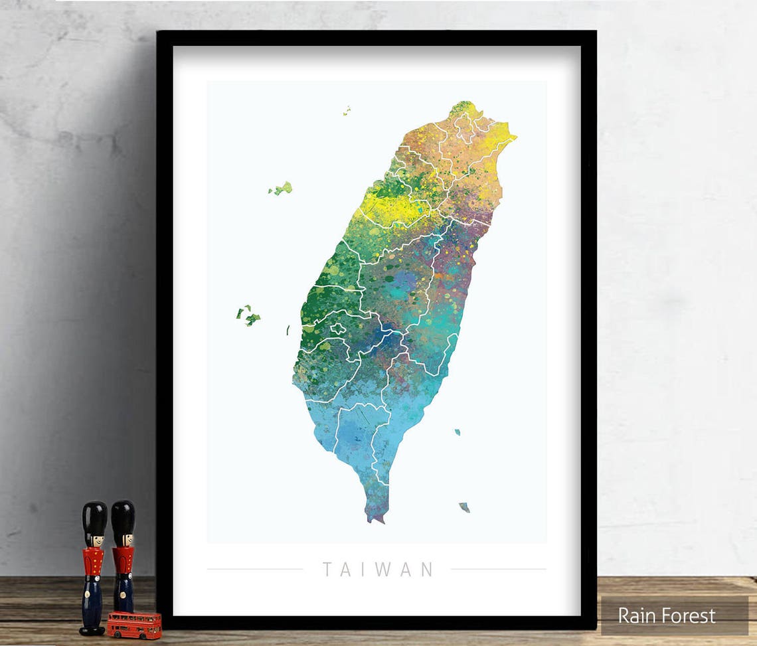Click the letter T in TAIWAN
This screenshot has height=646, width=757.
327,570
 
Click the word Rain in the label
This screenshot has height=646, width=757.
635,615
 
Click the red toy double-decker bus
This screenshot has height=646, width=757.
134,625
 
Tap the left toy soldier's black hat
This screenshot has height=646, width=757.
94,519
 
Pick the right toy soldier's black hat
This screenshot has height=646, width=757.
123,517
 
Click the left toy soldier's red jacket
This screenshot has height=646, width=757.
93,562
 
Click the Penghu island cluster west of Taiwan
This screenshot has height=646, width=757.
248,315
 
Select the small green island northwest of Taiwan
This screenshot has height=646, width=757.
282,189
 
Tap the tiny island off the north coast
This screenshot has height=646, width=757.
346,110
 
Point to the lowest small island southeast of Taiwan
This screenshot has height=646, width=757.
464,507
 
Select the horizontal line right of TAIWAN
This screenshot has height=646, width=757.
498,569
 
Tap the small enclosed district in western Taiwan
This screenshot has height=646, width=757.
338,329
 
